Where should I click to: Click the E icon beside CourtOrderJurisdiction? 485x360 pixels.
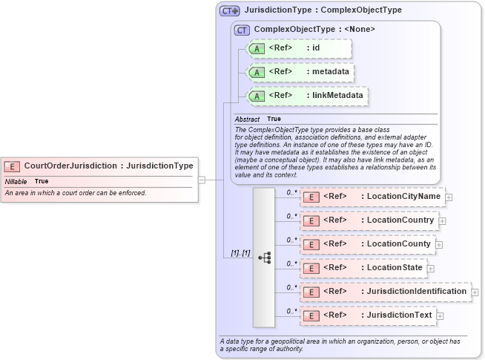pyautogui.click(x=13, y=166)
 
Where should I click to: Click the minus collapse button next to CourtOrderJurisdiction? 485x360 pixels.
pyautogui.click(x=201, y=180)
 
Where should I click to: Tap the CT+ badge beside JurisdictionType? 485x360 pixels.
pyautogui.click(x=229, y=11)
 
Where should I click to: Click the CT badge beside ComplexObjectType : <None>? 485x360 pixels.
pyautogui.click(x=242, y=30)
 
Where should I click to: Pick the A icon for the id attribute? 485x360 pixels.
pyautogui.click(x=257, y=48)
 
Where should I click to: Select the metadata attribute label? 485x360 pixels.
pyautogui.click(x=330, y=72)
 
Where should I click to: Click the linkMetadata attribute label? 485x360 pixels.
pyautogui.click(x=337, y=96)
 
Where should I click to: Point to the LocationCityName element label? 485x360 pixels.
pyautogui.click(x=403, y=197)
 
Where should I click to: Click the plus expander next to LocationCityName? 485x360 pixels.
pyautogui.click(x=449, y=197)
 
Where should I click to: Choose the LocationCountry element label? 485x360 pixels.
pyautogui.click(x=400, y=220)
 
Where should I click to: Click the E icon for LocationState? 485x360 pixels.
pyautogui.click(x=312, y=268)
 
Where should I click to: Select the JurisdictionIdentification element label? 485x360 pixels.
pyautogui.click(x=417, y=292)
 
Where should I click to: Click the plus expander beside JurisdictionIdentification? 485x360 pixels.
pyautogui.click(x=475, y=292)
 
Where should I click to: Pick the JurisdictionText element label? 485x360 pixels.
pyautogui.click(x=400, y=315)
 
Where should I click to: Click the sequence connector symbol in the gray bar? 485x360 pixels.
pyautogui.click(x=264, y=258)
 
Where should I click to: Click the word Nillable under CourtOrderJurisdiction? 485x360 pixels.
pyautogui.click(x=16, y=181)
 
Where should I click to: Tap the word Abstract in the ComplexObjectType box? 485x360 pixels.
pyautogui.click(x=247, y=119)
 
